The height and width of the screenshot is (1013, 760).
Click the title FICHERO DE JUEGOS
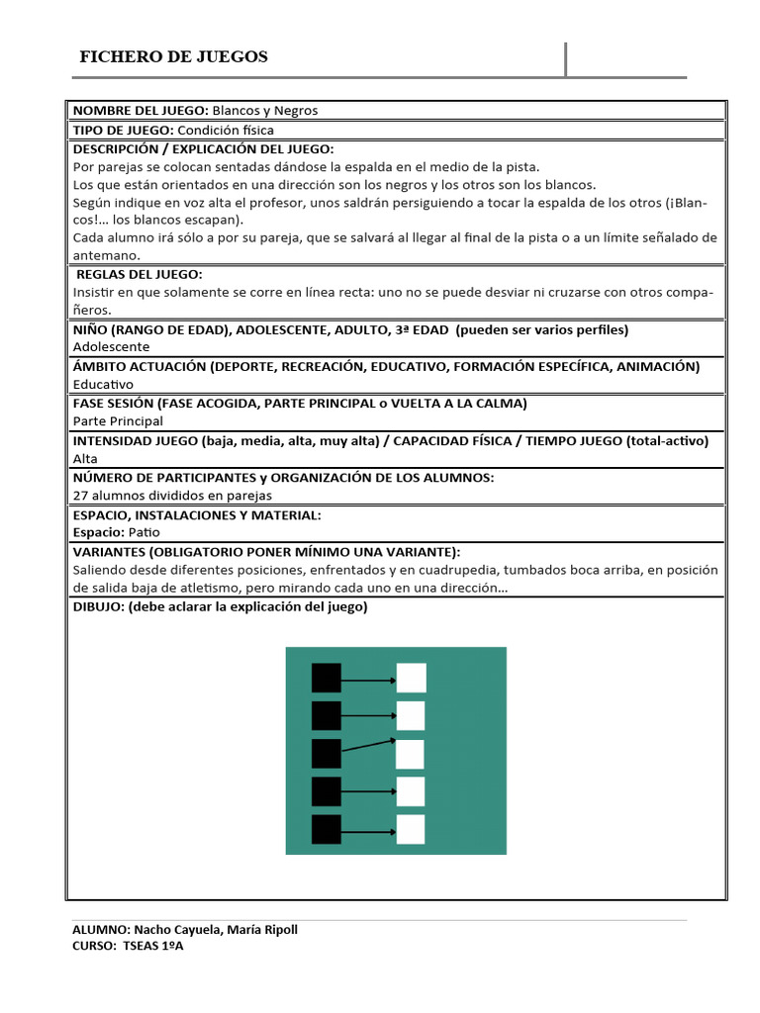(173, 57)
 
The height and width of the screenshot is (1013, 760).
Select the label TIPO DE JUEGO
(123, 130)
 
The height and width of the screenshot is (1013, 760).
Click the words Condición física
(226, 130)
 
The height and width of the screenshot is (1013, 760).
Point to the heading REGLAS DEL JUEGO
(139, 274)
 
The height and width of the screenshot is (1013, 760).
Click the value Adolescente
(112, 347)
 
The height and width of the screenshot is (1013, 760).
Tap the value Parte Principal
(118, 420)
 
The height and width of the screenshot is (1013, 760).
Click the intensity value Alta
(85, 458)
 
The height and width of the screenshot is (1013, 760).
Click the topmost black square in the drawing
(326, 678)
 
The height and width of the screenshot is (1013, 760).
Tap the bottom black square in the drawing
(326, 829)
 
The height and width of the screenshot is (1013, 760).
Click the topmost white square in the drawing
(411, 678)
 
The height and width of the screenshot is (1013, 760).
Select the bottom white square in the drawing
(411, 829)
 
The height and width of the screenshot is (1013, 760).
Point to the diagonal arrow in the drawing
(368, 746)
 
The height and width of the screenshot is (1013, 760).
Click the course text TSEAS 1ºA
(153, 947)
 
